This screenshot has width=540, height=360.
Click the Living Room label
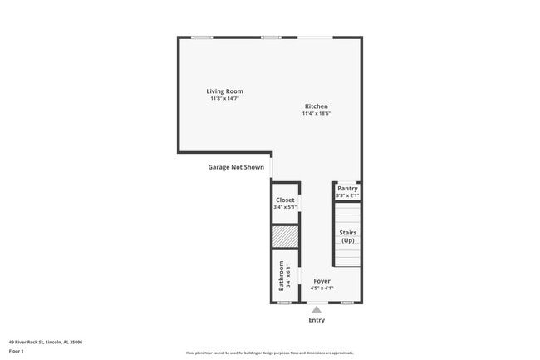coord(224,91)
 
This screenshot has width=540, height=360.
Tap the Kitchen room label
coord(316,106)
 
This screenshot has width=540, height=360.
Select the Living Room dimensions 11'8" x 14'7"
coord(224,99)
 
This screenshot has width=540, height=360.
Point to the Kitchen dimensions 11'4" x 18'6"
coord(316,114)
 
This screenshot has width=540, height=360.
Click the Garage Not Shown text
coord(236,167)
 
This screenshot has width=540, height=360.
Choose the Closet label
coord(285,200)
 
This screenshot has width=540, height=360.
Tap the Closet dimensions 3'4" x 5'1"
coord(285,207)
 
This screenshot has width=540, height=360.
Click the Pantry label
coord(347,189)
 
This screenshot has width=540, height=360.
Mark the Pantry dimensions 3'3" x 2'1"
coord(347,195)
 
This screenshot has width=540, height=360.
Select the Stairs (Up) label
coord(347,236)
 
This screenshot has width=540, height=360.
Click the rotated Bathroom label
coord(282,275)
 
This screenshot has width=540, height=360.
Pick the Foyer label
coord(322,281)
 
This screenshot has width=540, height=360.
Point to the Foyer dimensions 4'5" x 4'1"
coord(322,288)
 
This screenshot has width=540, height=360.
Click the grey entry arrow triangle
coord(317,309)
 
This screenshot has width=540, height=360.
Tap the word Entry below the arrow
coord(317,320)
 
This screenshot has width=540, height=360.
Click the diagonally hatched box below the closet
coord(285,237)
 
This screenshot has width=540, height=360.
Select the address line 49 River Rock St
coord(46,342)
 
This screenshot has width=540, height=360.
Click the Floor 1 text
coord(17,351)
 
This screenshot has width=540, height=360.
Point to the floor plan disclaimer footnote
coord(270,353)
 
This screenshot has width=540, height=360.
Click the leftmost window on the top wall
coord(202,37)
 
